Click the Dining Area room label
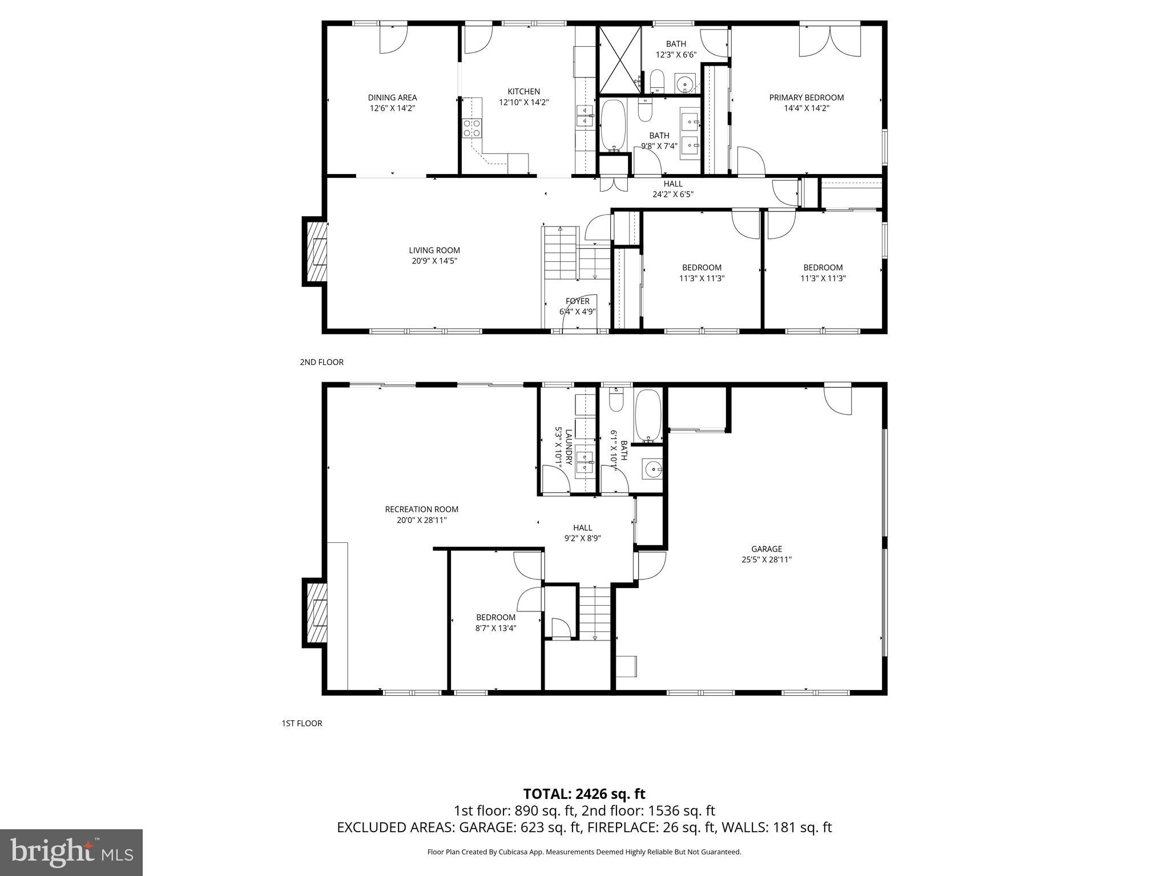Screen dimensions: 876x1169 (392, 98)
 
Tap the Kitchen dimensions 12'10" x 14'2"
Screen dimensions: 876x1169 (523, 103)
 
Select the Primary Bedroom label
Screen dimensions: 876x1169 (806, 98)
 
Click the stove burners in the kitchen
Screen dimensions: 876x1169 (471, 128)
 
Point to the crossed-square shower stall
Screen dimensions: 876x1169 (619, 59)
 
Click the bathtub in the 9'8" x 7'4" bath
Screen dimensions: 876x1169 (614, 125)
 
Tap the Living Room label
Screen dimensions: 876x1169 (434, 250)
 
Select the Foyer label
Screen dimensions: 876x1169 (577, 301)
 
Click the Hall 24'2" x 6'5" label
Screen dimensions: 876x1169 (673, 184)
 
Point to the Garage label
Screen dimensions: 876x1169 (766, 549)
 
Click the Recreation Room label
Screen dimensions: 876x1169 (421, 509)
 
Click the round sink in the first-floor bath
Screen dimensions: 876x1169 (652, 470)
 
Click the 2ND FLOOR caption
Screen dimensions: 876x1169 (321, 362)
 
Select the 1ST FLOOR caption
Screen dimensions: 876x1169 (301, 723)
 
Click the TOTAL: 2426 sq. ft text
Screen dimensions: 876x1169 (584, 794)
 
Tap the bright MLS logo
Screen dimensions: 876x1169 (71, 852)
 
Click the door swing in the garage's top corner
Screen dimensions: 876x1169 (836, 399)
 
